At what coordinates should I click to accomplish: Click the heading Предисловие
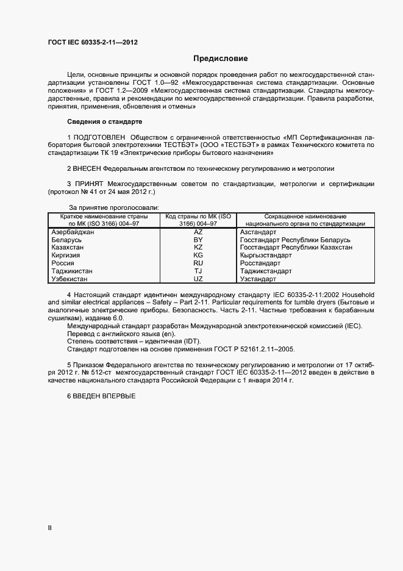point(220,59)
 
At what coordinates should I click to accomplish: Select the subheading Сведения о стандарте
point(104,121)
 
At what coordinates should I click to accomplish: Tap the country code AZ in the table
point(198,232)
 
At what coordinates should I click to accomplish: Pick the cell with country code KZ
point(198,248)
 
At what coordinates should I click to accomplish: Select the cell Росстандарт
point(262,264)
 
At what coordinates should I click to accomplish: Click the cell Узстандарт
point(259,279)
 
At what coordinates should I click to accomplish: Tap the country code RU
point(198,264)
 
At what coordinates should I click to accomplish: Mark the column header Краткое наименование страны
point(103,217)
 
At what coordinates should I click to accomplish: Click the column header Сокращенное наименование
point(305,217)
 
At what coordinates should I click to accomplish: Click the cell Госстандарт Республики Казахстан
point(296,248)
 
